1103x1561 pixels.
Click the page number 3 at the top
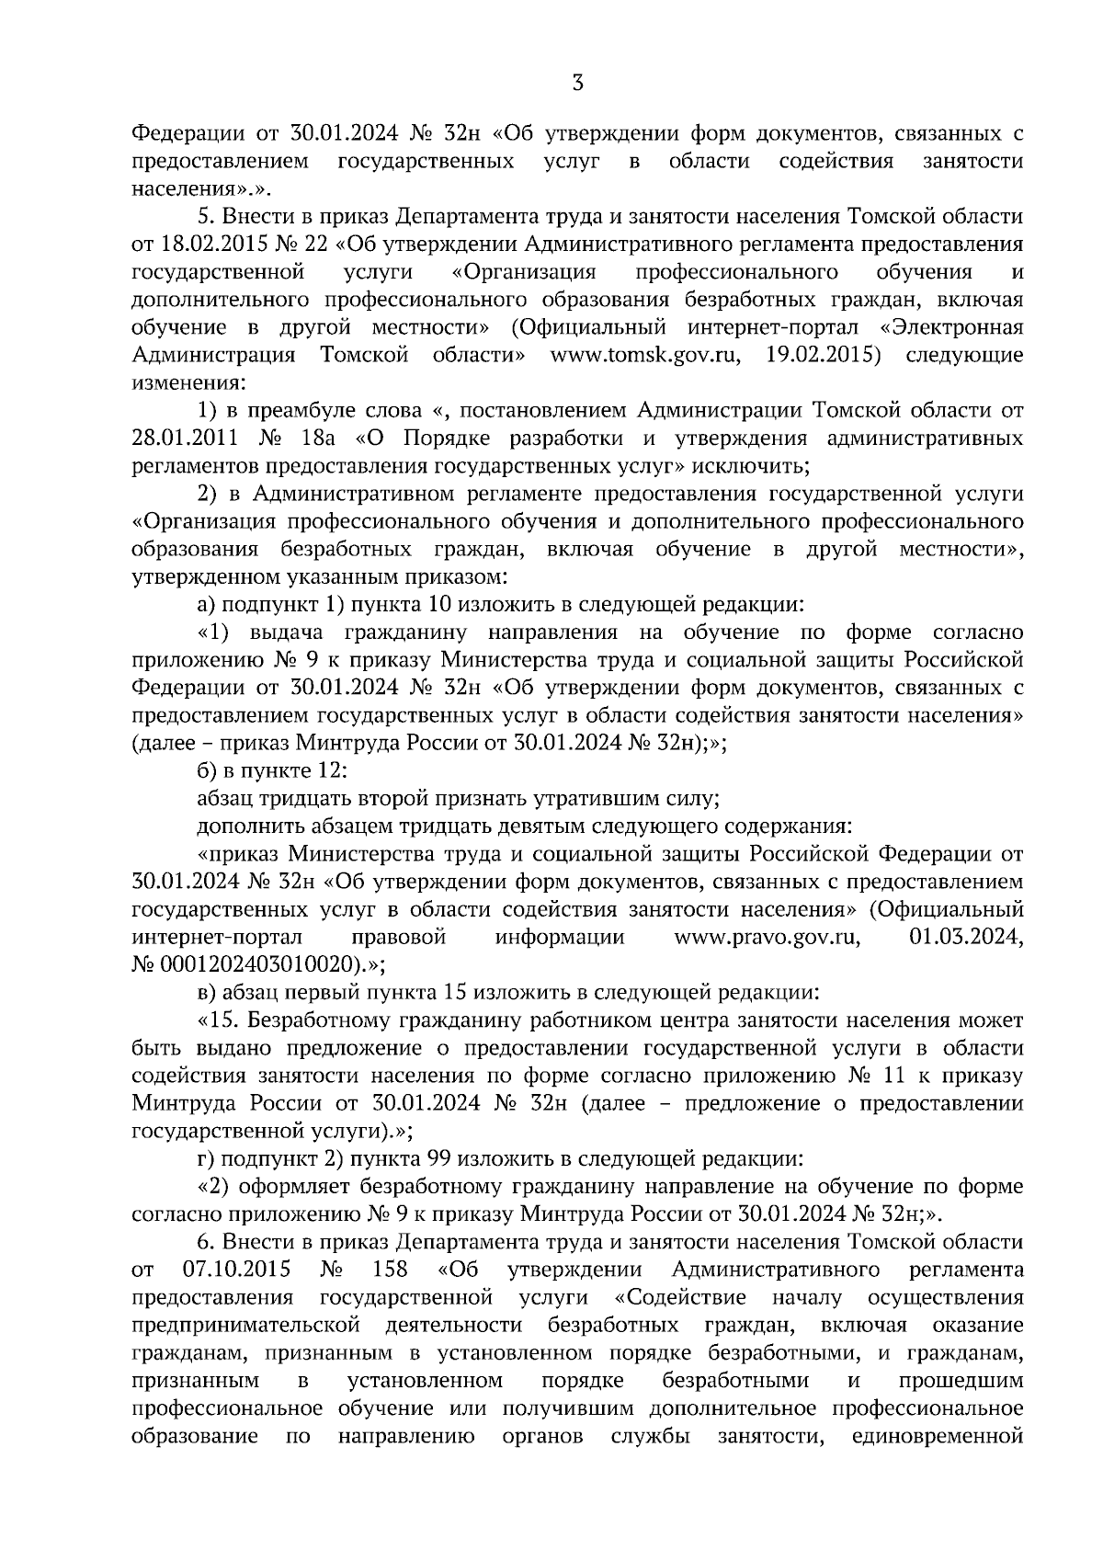pyautogui.click(x=577, y=84)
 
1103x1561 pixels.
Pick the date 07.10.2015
pyautogui.click(x=231, y=1270)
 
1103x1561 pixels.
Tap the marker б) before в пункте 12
pyautogui.click(x=206, y=769)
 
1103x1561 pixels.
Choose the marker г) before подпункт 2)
pyautogui.click(x=205, y=1158)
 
